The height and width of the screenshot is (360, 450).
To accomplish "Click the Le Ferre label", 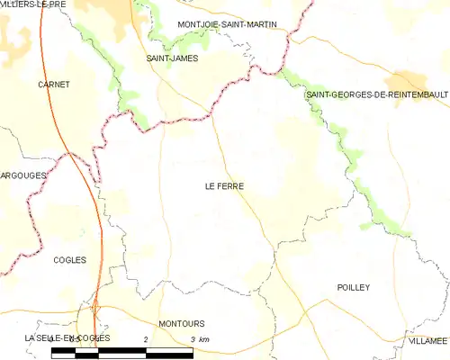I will pos(225,186).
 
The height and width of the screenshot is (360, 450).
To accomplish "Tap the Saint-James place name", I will pos(172,58).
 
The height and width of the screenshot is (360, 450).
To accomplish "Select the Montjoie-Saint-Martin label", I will pos(228,23).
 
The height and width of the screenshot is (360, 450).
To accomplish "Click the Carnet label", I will pos(54,85).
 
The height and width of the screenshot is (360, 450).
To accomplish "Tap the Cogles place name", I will pos(69,260).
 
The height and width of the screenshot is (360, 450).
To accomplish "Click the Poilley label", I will pos(354,287).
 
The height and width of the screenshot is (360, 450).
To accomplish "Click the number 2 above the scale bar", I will pos(146,337).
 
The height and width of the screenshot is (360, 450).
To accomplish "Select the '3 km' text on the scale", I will pos(200,337).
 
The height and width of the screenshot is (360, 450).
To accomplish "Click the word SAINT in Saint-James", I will pos(159,58).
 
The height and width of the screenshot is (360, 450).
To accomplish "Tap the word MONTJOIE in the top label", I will pos(200,23).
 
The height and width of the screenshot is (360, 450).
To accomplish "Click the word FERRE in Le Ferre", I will pos(231,186).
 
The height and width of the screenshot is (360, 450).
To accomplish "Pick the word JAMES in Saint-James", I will pos(185,58).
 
